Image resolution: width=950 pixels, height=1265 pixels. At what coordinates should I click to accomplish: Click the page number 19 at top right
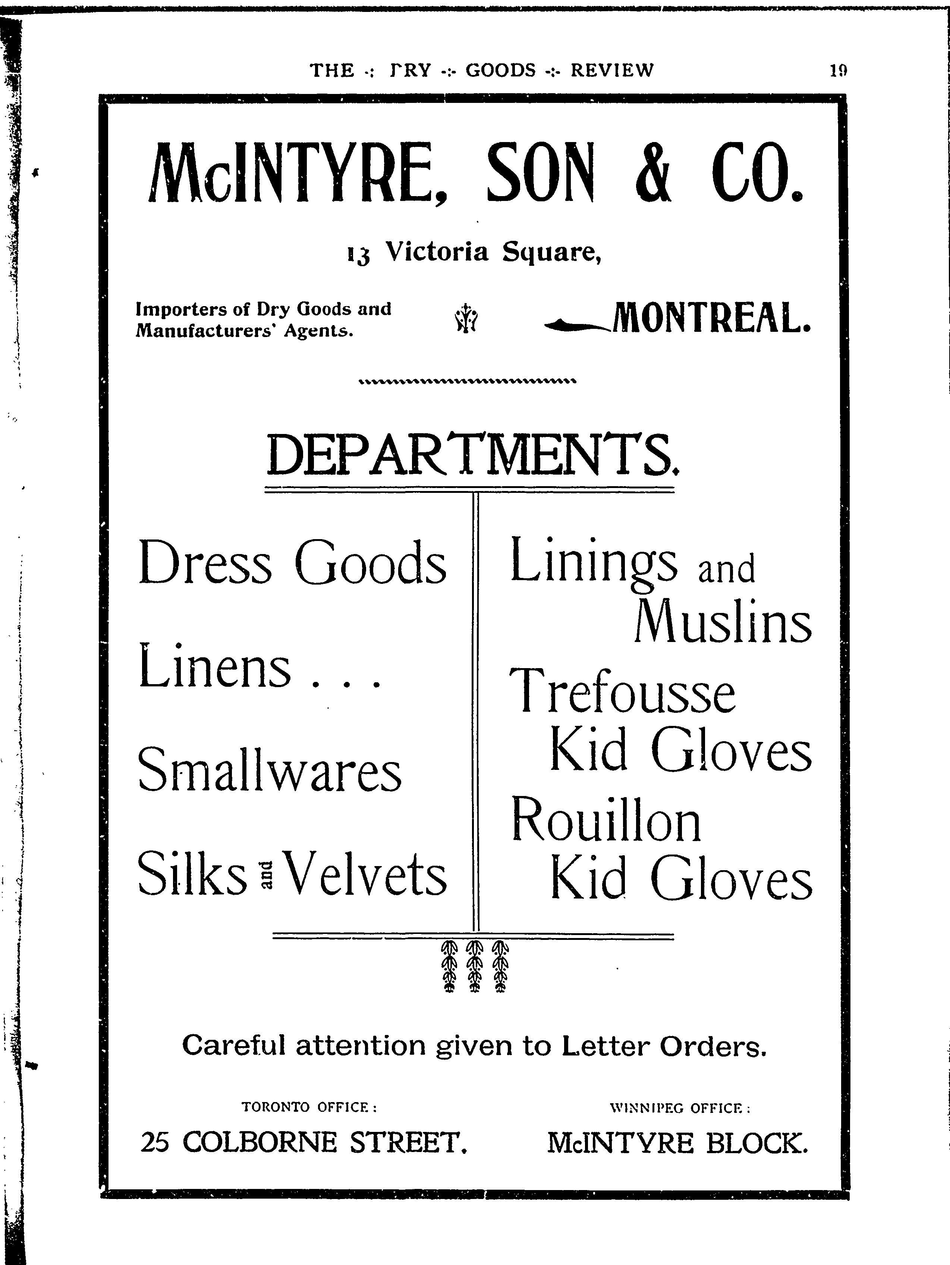[x=838, y=71]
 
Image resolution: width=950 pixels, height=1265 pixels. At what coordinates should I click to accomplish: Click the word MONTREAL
[x=711, y=318]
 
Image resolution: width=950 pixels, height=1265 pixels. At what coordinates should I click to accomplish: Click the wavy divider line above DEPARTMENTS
[x=466, y=381]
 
